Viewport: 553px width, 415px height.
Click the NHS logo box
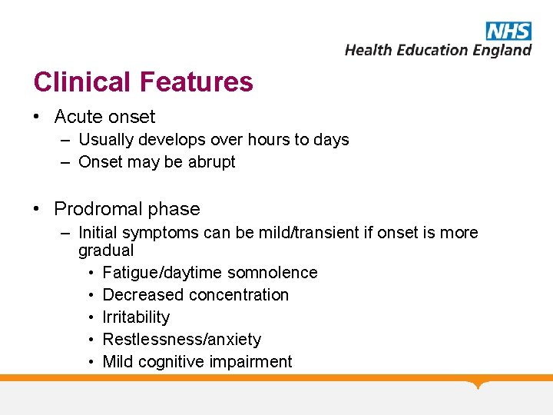pos(508,31)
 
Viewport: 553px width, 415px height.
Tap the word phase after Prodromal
pos(175,209)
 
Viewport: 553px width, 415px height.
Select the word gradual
pos(106,250)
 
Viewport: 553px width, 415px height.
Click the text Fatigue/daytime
pos(157,273)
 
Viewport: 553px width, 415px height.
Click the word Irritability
pos(136,317)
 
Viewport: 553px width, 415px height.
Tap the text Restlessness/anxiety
pos(182,340)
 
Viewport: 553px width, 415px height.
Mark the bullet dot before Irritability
pos(91,317)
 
